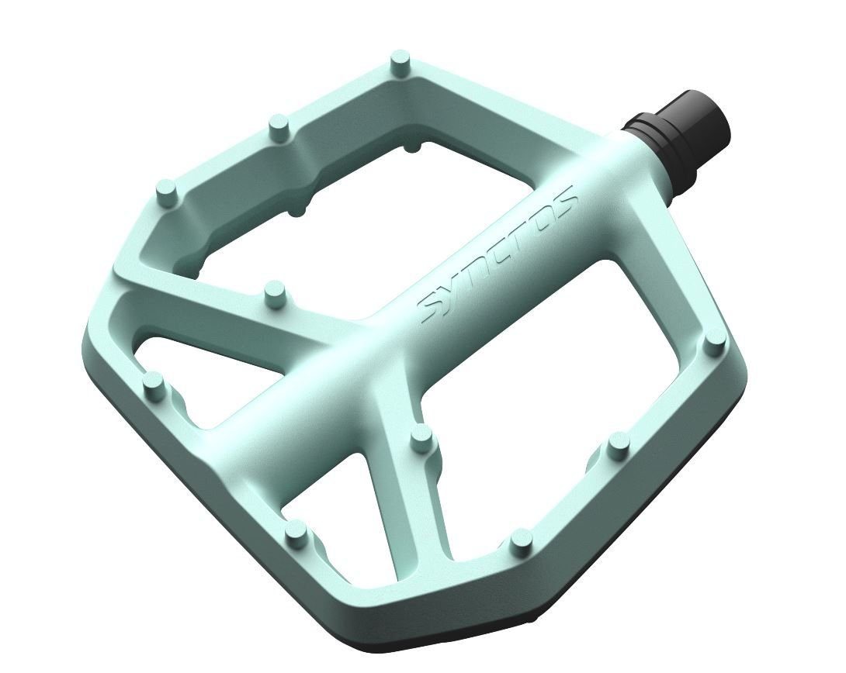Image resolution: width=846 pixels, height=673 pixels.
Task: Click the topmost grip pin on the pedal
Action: [x=400, y=61]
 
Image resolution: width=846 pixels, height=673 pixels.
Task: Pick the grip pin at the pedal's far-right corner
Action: [x=715, y=342]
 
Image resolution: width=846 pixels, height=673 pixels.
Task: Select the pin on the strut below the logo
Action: [x=421, y=437]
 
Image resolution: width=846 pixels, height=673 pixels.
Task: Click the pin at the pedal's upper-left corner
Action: [x=166, y=191]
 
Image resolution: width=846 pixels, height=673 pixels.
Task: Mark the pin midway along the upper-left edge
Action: [x=278, y=126]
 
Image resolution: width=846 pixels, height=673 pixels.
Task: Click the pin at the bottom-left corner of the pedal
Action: [x=295, y=533]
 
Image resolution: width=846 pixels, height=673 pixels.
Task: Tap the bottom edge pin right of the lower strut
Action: [x=521, y=540]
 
